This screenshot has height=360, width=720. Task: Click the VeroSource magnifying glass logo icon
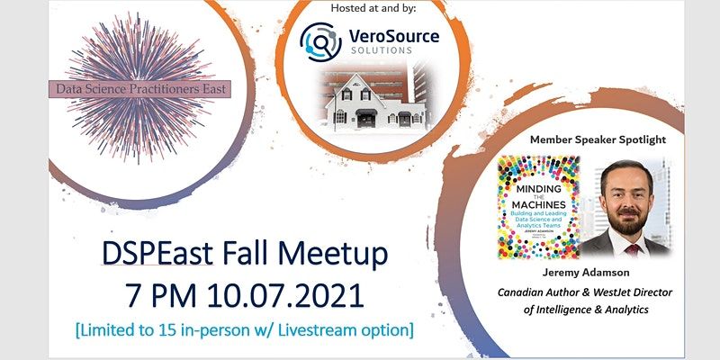320,40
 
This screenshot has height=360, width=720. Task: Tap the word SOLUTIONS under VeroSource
377,50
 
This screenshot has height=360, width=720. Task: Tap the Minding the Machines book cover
538,206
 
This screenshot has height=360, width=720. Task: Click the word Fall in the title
253,256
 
